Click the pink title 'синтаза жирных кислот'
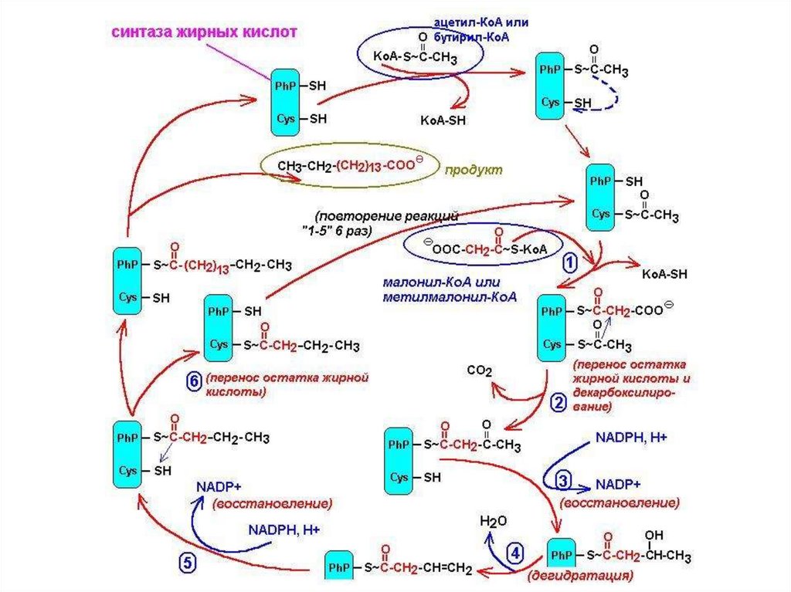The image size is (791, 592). [205, 32]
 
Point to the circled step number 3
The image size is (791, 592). [563, 480]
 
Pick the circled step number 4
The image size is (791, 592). [515, 552]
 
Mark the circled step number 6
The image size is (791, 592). [195, 380]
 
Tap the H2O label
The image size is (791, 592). [494, 521]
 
